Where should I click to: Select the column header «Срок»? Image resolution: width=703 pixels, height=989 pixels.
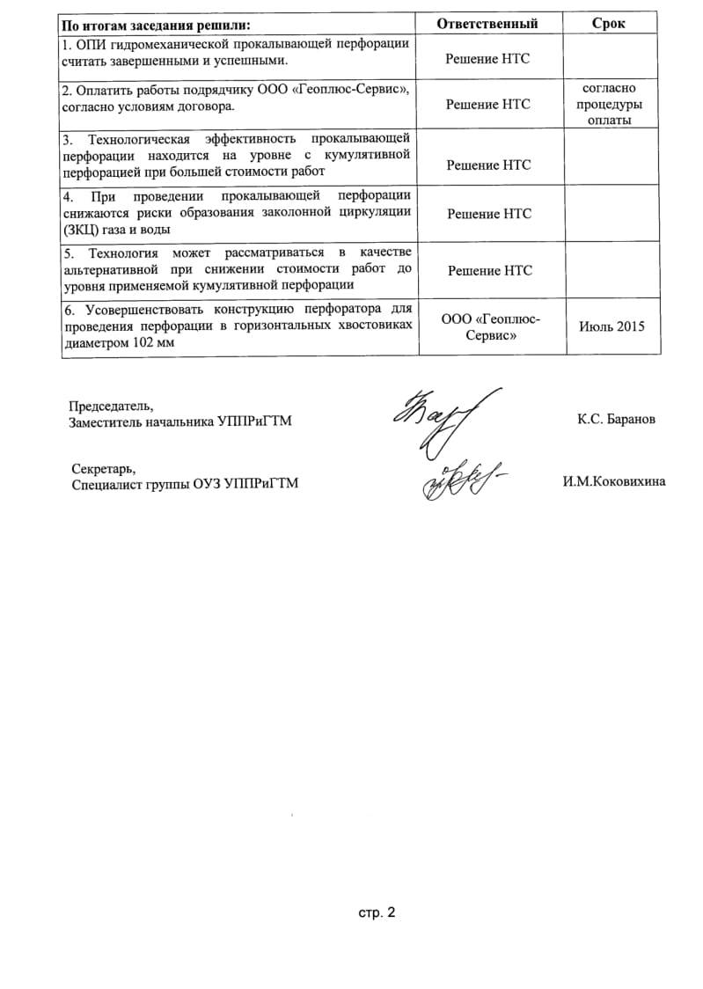(x=609, y=23)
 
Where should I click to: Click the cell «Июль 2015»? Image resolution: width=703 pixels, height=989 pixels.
(x=611, y=326)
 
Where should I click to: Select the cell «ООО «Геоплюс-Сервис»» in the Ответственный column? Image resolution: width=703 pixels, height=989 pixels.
(x=489, y=326)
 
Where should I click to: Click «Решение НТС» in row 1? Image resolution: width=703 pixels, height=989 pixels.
(x=488, y=59)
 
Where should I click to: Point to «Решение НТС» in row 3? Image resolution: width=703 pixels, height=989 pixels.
(x=488, y=165)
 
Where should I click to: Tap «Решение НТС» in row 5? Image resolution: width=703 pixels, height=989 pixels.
(x=489, y=270)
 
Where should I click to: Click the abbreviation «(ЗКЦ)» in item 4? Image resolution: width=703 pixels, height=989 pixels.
(x=83, y=229)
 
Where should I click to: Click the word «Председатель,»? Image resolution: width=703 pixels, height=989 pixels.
(x=111, y=407)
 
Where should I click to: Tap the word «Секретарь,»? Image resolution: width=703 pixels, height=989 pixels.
(x=104, y=468)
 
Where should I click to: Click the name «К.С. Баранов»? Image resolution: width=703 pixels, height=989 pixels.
(x=616, y=420)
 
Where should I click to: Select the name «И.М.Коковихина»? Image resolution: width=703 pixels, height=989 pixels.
(x=614, y=481)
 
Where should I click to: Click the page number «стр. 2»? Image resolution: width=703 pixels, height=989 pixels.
(x=377, y=912)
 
